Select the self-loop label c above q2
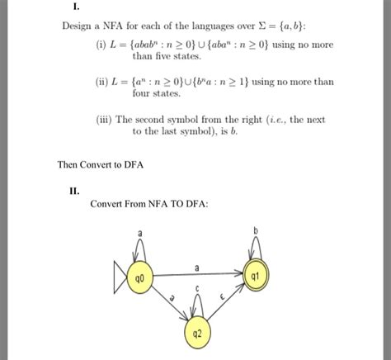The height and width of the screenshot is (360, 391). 196,288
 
